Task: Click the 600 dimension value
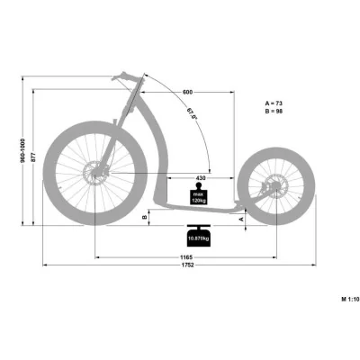click(186, 93)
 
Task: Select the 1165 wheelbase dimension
click(184, 256)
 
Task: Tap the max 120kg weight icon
click(195, 195)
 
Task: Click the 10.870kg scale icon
click(197, 238)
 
